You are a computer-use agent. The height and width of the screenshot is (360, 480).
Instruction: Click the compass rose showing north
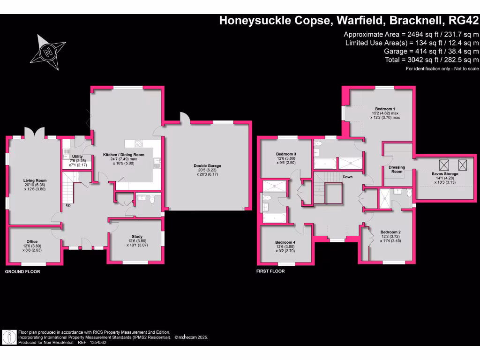click(x=46, y=52)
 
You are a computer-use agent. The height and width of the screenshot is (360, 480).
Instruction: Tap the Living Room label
click(x=35, y=180)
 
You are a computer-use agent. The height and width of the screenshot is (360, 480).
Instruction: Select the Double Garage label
click(x=207, y=165)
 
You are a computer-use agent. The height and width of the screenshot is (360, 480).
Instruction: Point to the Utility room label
click(x=76, y=157)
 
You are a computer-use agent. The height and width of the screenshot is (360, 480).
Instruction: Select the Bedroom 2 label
click(x=390, y=232)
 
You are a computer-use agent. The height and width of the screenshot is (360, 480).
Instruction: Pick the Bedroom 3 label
click(x=286, y=154)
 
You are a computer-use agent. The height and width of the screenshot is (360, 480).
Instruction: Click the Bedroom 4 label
click(x=285, y=242)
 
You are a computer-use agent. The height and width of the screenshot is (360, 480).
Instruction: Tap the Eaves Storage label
click(x=445, y=173)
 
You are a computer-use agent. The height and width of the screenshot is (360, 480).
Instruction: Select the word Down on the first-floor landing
click(x=348, y=177)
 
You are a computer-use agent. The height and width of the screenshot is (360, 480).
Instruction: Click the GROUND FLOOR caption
click(x=22, y=272)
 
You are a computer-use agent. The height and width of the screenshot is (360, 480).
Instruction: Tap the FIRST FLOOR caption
click(x=270, y=271)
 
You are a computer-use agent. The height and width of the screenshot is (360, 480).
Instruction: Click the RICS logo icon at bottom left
click(x=9, y=337)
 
